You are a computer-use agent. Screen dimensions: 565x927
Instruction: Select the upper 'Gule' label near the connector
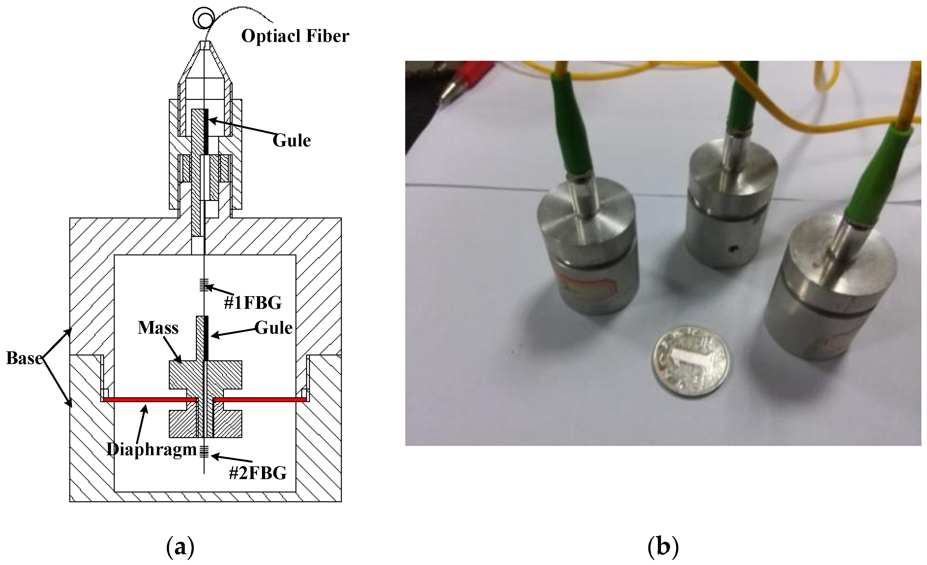[291, 141]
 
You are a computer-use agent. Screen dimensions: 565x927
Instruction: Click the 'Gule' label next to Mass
[273, 328]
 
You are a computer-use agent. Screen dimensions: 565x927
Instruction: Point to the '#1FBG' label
[253, 303]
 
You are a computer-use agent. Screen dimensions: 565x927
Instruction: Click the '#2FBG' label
[258, 473]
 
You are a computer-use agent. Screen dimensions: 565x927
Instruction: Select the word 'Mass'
[158, 328]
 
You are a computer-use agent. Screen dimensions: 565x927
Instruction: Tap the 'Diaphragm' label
[152, 449]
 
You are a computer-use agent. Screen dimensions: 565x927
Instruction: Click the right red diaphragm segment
[259, 399]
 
